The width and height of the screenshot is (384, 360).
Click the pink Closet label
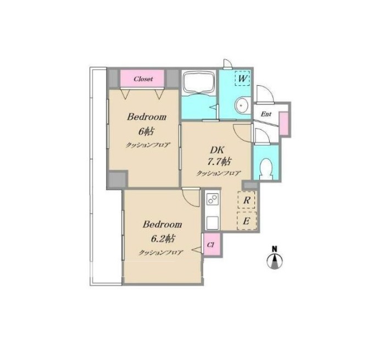coord(142,79)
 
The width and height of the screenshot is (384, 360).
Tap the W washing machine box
coord(242,78)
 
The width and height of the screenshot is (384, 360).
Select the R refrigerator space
coord(246,200)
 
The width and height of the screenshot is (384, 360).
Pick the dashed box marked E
coord(247,221)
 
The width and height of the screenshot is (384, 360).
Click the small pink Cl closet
coord(212,245)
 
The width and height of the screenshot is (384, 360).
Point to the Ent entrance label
coord(266,114)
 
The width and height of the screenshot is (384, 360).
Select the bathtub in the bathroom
coord(198,82)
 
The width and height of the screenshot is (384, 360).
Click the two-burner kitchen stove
coord(213,199)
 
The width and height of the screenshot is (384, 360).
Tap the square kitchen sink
coord(213,223)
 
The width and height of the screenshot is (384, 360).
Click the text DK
coord(217,149)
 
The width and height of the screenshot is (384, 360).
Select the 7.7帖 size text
coord(219,162)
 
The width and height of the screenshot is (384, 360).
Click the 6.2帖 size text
coord(162,238)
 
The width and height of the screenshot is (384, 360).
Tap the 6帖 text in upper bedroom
coord(146,131)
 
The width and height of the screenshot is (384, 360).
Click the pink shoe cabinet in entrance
coord(283,123)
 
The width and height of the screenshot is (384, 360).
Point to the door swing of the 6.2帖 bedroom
coord(191,197)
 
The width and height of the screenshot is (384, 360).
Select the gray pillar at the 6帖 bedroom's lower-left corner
coord(118,179)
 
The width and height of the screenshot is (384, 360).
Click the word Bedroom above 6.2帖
coord(162,224)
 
